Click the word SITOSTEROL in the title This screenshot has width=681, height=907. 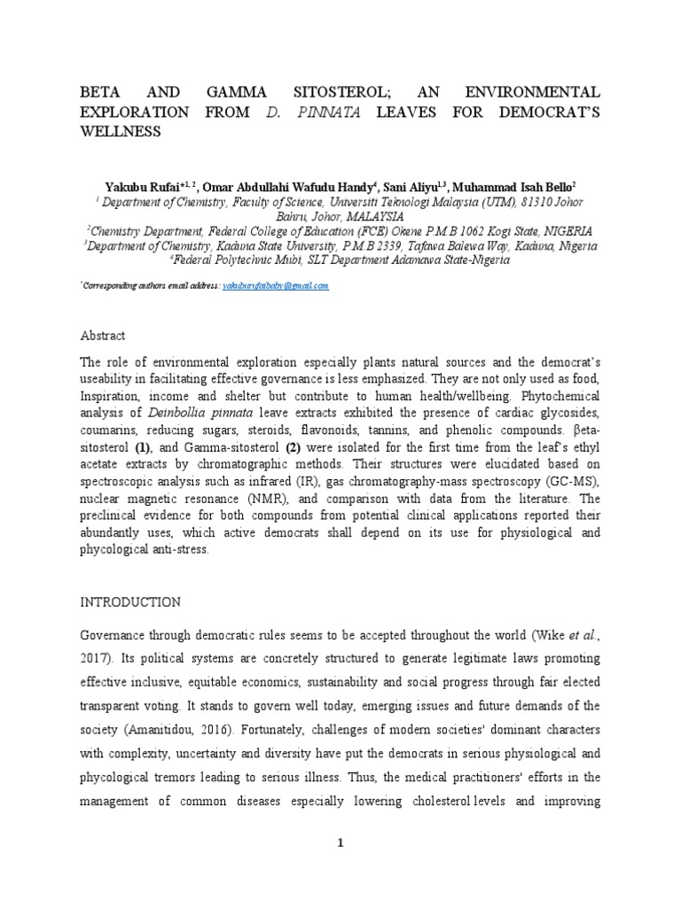point(326,92)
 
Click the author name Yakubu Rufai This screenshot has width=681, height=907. point(134,187)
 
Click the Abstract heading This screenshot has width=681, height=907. point(103,336)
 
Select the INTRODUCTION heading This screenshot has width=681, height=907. point(130,601)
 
